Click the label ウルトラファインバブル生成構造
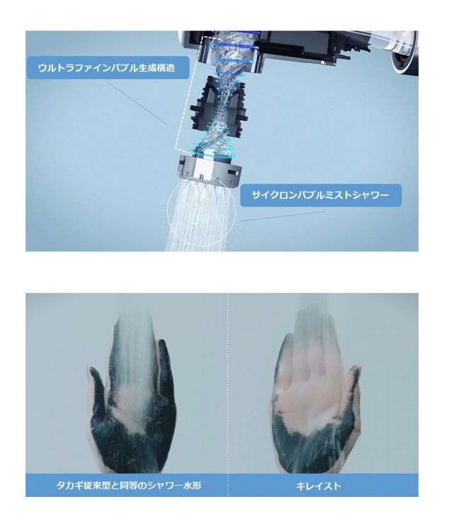click(x=106, y=68)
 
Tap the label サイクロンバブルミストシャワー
click(x=320, y=195)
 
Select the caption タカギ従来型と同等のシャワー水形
click(x=129, y=486)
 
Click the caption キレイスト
click(x=319, y=486)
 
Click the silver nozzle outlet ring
click(x=210, y=170)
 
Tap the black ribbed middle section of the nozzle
click(x=219, y=106)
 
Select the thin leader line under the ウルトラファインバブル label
click(x=138, y=103)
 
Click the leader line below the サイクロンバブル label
click(x=282, y=217)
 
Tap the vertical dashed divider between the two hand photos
click(x=228, y=395)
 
